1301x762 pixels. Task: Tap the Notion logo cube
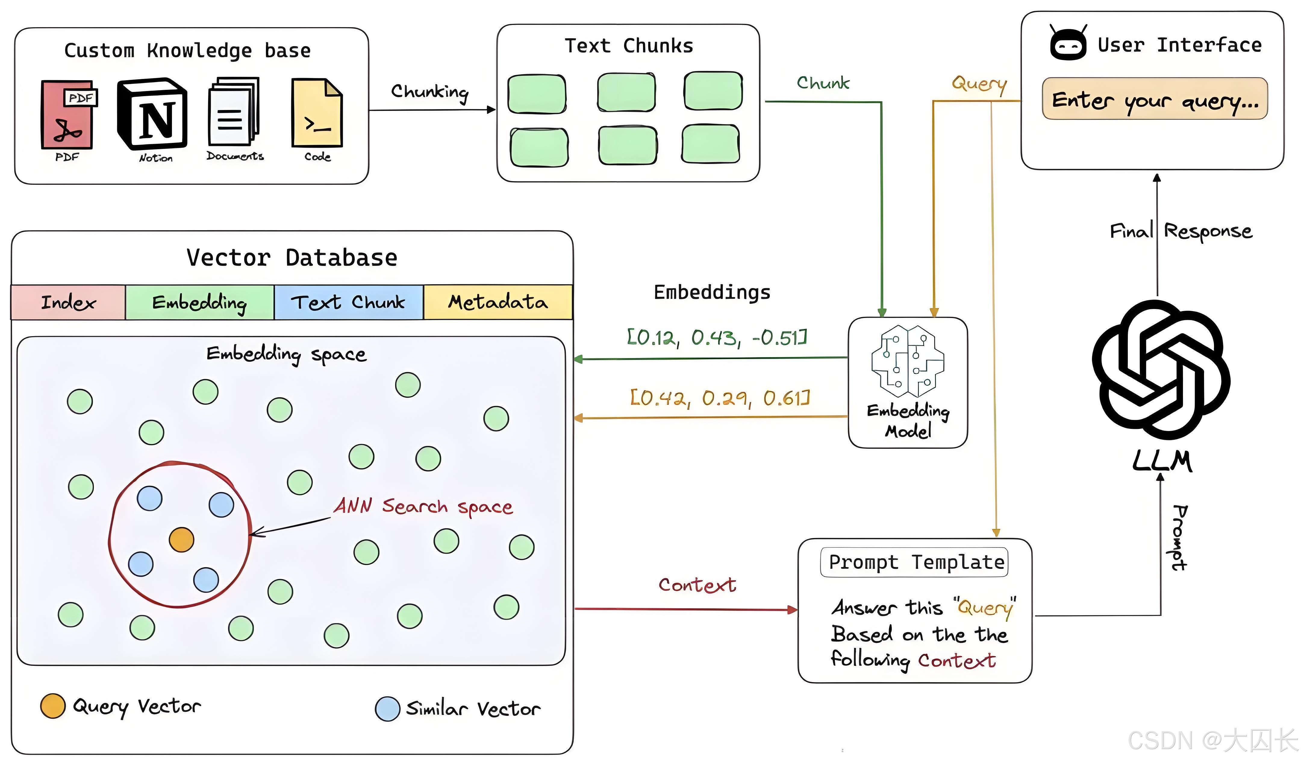tap(152, 114)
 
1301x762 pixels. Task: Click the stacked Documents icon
tap(233, 112)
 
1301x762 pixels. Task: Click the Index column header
tap(68, 302)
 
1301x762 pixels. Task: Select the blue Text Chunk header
tap(348, 302)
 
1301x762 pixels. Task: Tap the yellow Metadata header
tap(498, 302)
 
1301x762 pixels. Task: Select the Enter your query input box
tap(1155, 99)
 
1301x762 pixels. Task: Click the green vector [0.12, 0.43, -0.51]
tap(717, 337)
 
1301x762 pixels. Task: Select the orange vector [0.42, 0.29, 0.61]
tap(720, 398)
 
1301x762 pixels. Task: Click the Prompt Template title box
tap(914, 562)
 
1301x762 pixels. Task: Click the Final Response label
tap(1181, 231)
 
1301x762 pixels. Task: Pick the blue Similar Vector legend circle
tap(388, 709)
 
